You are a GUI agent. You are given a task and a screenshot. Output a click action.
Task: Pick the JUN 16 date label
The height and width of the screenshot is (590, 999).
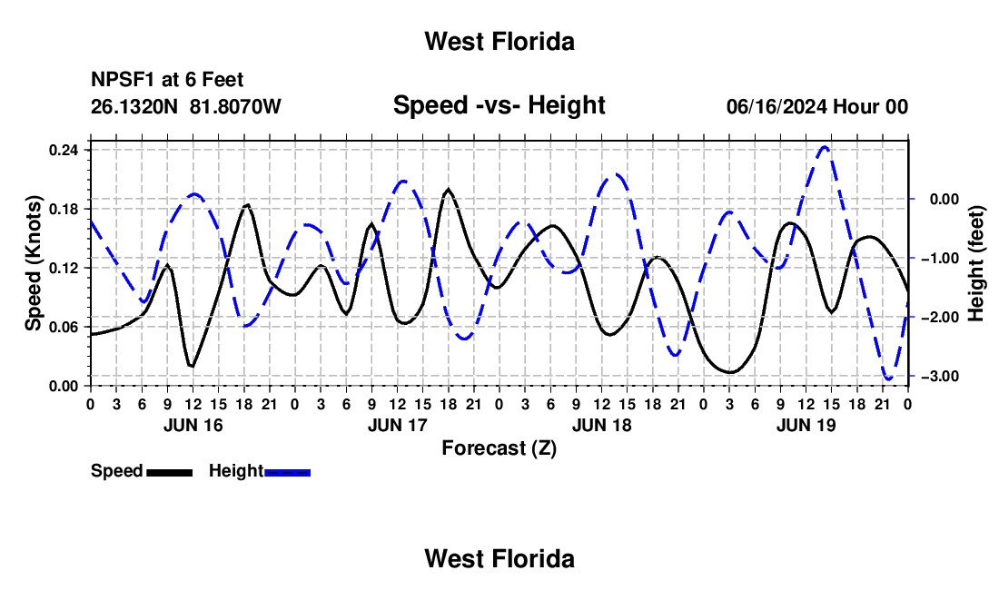(x=193, y=426)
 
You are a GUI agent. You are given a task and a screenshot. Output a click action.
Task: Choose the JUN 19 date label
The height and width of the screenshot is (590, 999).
(x=806, y=426)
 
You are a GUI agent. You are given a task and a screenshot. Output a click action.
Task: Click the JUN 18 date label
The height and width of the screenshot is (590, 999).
(x=601, y=426)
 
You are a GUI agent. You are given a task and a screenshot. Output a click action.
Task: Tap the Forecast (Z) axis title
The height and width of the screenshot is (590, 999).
(x=499, y=448)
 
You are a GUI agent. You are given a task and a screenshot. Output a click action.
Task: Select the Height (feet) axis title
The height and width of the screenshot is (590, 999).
(x=976, y=263)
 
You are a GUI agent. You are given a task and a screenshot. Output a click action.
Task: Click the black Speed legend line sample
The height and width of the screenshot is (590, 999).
(x=170, y=472)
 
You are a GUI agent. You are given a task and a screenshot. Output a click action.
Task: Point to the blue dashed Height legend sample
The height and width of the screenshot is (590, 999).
(x=287, y=472)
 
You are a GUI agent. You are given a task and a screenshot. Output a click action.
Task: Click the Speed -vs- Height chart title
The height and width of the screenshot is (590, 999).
(x=499, y=105)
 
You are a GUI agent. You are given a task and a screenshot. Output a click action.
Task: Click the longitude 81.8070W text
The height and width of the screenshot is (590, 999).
(x=235, y=106)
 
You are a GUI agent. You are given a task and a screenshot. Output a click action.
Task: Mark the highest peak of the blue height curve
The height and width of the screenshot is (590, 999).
(x=825, y=147)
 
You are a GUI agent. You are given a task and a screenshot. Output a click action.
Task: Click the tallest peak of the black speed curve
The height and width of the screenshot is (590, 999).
(x=449, y=189)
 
